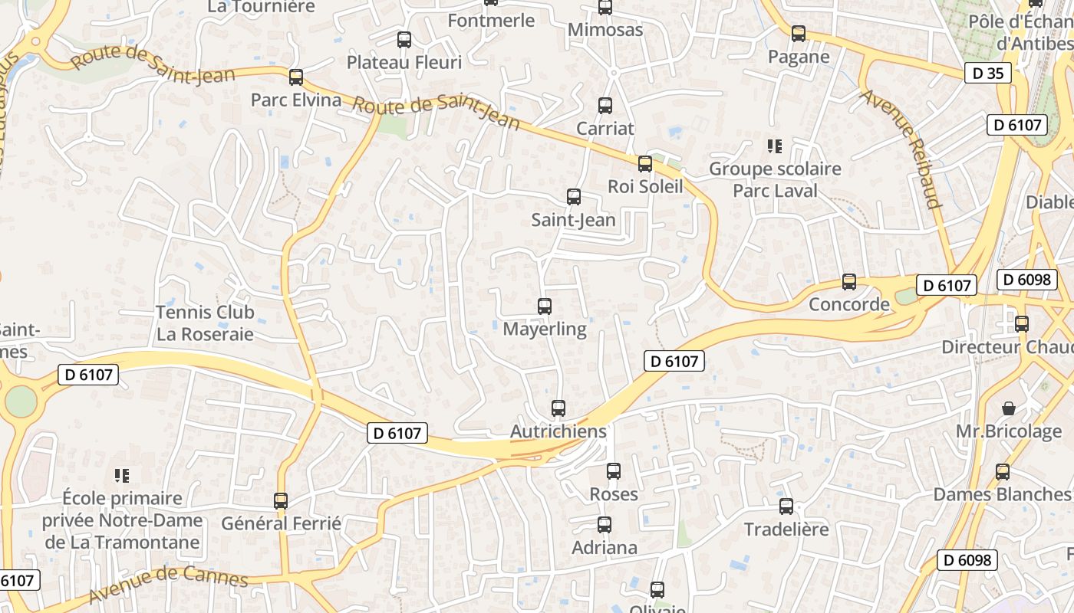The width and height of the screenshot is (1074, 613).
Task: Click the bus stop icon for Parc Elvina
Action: click(x=296, y=77)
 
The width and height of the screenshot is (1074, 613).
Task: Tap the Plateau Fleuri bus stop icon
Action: click(x=404, y=40)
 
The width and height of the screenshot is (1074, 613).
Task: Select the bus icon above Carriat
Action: click(x=605, y=106)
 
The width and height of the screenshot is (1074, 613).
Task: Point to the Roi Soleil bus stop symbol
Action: click(x=645, y=163)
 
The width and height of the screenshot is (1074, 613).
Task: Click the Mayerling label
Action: click(x=545, y=329)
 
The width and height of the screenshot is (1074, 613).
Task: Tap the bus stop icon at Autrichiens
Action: click(x=558, y=408)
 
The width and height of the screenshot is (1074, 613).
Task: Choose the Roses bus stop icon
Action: click(x=614, y=471)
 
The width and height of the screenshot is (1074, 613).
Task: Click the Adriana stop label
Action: click(x=605, y=547)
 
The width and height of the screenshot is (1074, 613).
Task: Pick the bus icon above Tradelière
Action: click(x=786, y=506)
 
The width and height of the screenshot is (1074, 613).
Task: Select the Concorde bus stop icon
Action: click(x=849, y=282)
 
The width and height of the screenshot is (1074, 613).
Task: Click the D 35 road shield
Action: click(x=987, y=74)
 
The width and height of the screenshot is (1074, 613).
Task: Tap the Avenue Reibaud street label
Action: click(x=901, y=149)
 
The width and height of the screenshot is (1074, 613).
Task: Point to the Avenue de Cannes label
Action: click(x=168, y=584)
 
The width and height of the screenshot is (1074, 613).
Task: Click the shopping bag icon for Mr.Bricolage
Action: click(x=1009, y=408)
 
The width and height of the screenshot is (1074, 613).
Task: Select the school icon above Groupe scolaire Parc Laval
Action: click(x=775, y=146)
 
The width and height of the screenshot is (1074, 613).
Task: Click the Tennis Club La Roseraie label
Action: click(x=205, y=323)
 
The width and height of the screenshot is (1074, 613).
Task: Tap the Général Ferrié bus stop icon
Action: click(x=281, y=501)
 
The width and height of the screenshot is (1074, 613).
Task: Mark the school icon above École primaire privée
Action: click(x=122, y=476)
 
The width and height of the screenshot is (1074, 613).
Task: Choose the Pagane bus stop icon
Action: click(x=799, y=34)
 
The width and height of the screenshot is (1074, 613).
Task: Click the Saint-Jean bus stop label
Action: click(x=574, y=220)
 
